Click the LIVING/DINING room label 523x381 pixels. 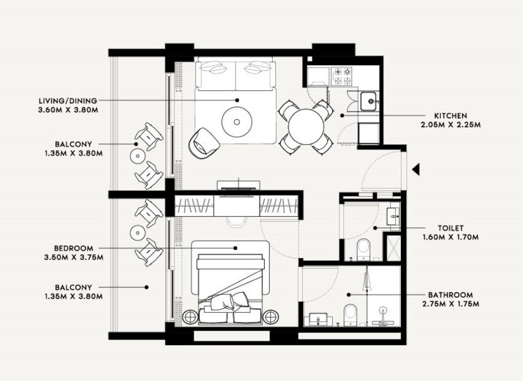tap(68, 101)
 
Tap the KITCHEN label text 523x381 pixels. tap(450, 116)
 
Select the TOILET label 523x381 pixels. tap(450, 228)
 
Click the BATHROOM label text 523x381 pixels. tap(450, 295)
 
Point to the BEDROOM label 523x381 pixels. tap(74, 249)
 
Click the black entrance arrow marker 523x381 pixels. tap(416, 170)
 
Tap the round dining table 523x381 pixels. tap(306, 127)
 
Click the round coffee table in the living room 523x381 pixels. tap(237, 122)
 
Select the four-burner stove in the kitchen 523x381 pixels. tap(342, 76)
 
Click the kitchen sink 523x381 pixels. tap(369, 101)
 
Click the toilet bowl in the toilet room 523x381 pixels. tap(363, 249)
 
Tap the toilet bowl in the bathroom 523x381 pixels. tap(350, 315)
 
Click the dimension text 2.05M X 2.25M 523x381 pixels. tap(450, 125)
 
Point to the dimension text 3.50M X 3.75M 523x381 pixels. tap(74, 258)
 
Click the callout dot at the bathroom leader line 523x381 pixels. tap(348, 295)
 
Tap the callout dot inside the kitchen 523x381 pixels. tap(342, 116)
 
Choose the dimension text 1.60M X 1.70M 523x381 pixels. tap(450, 237)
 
